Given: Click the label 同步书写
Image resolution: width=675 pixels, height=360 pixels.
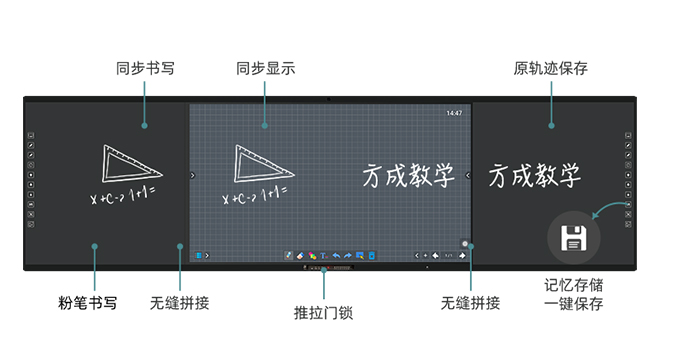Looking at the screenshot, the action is tap(147, 69).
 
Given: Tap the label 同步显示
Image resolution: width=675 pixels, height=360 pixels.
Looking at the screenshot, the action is tap(265, 69).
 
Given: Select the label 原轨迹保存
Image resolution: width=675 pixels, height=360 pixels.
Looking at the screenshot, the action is tap(550, 69).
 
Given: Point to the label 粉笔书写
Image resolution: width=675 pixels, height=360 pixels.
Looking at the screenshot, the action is tap(87, 301).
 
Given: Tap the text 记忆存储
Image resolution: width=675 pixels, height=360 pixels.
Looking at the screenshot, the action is tap(574, 284).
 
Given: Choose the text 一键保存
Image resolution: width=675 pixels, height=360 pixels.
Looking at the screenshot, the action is tap(574, 303).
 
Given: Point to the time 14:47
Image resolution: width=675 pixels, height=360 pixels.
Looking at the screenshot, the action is tap(454, 113).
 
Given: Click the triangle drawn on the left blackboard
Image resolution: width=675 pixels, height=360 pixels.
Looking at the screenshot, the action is tap(131, 164).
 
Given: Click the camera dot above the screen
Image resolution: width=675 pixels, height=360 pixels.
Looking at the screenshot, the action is tap(328, 99).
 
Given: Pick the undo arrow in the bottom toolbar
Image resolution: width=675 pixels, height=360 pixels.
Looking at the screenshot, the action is tap(336, 256).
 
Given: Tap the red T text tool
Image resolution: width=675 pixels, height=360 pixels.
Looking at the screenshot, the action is tap(323, 256).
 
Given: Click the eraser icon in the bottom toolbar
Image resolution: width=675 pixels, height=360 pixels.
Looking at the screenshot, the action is tap(299, 256).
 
